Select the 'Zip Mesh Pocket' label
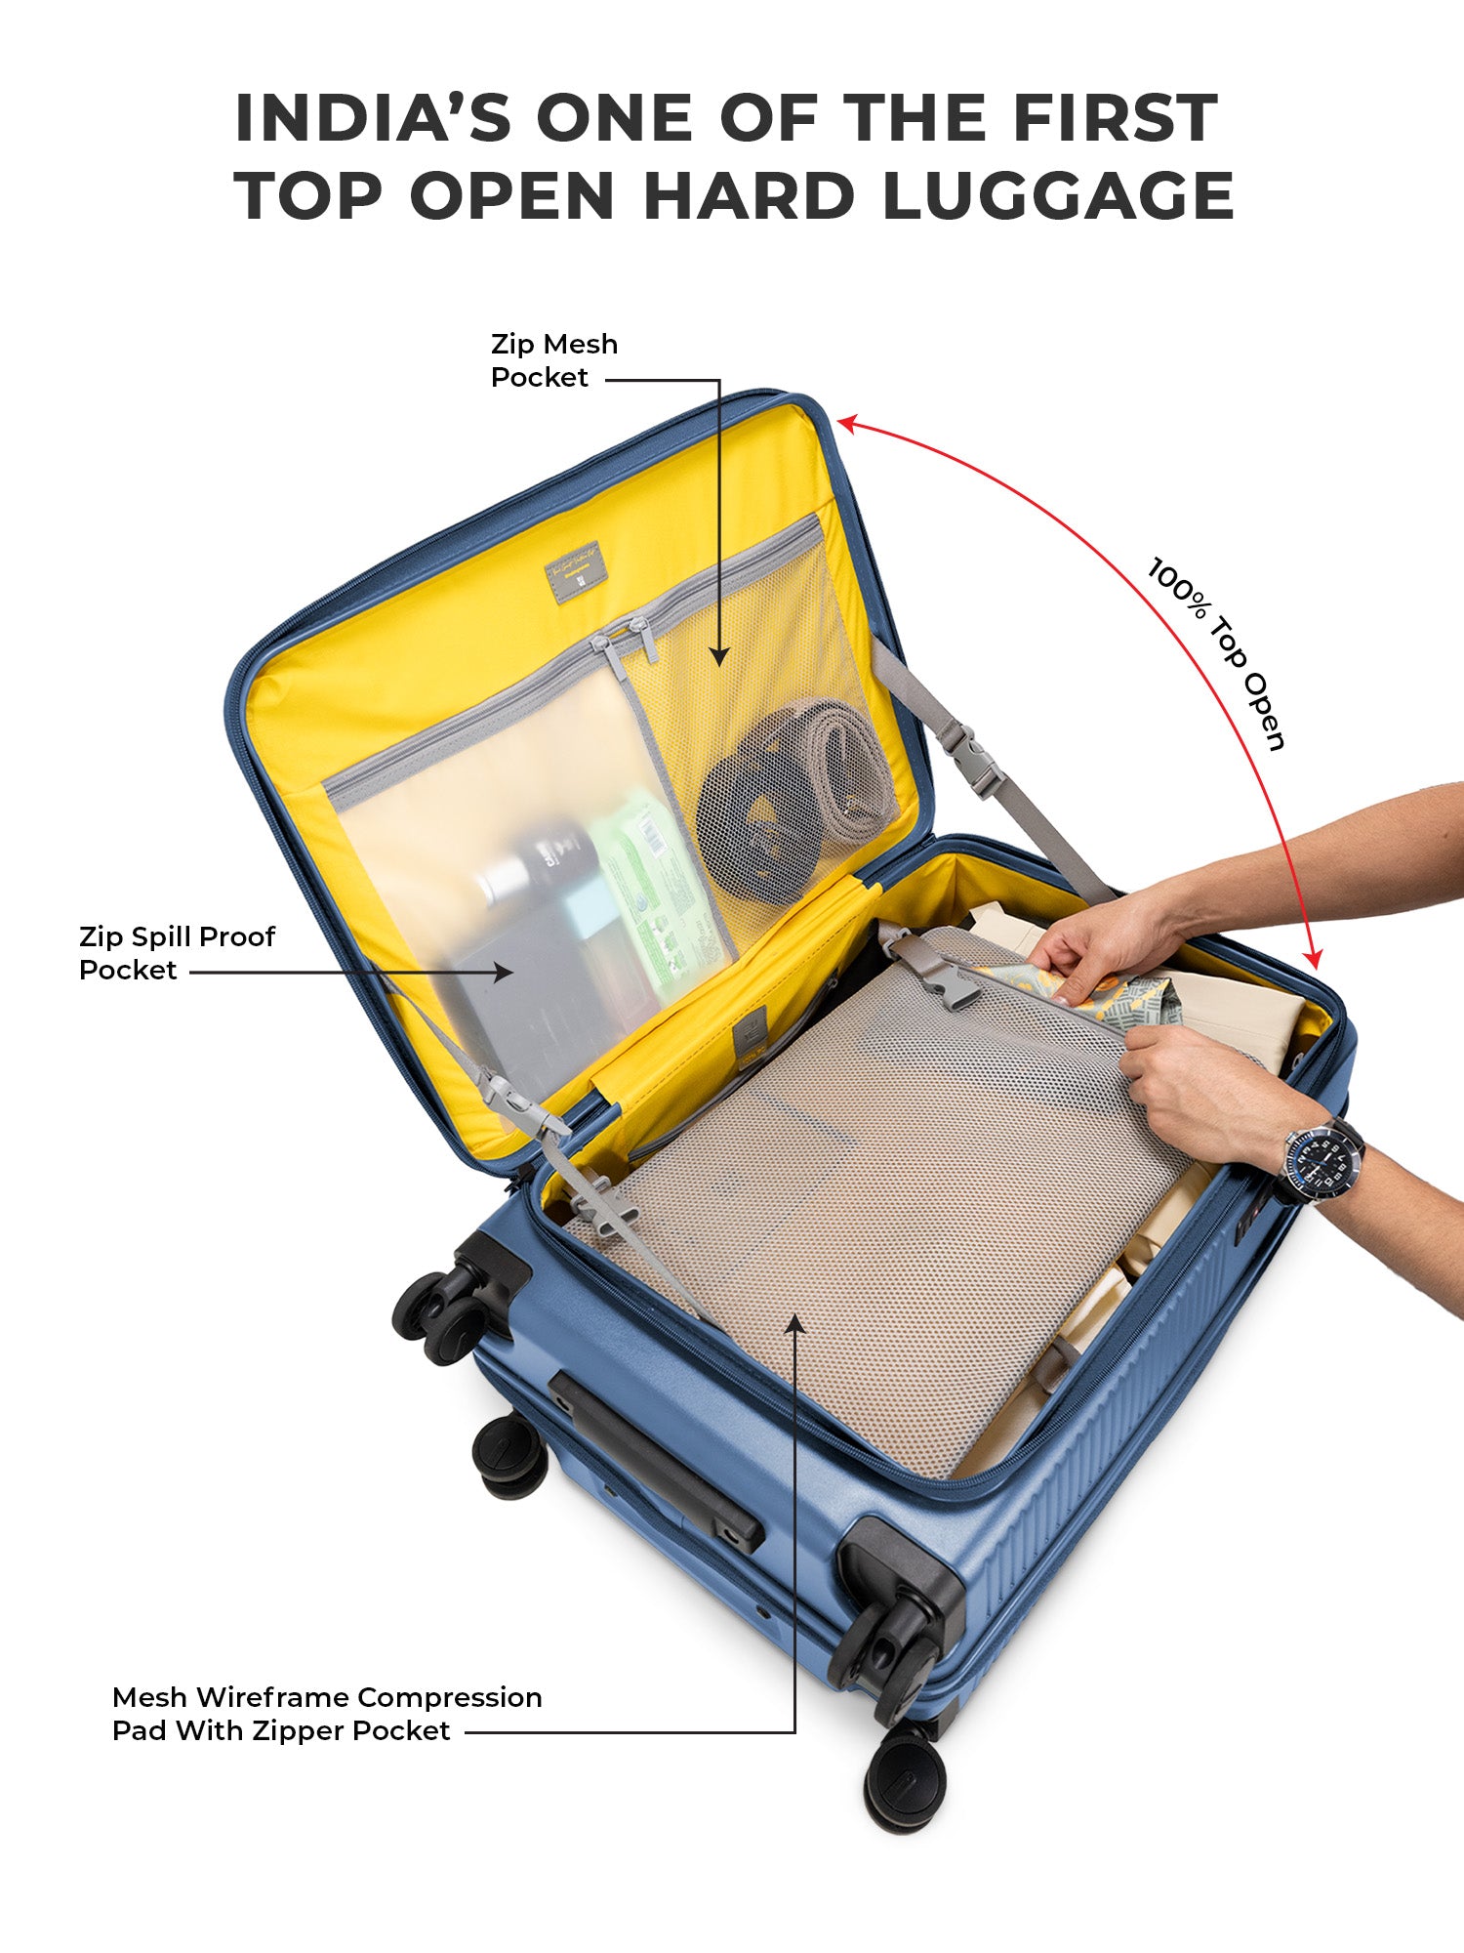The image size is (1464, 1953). (x=553, y=360)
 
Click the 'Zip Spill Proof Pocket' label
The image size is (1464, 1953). (x=177, y=953)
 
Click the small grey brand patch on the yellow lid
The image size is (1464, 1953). (x=574, y=573)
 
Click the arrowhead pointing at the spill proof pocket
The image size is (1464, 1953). (x=504, y=972)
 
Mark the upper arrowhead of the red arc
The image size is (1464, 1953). (x=846, y=423)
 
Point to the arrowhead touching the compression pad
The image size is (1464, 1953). (x=795, y=1324)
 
